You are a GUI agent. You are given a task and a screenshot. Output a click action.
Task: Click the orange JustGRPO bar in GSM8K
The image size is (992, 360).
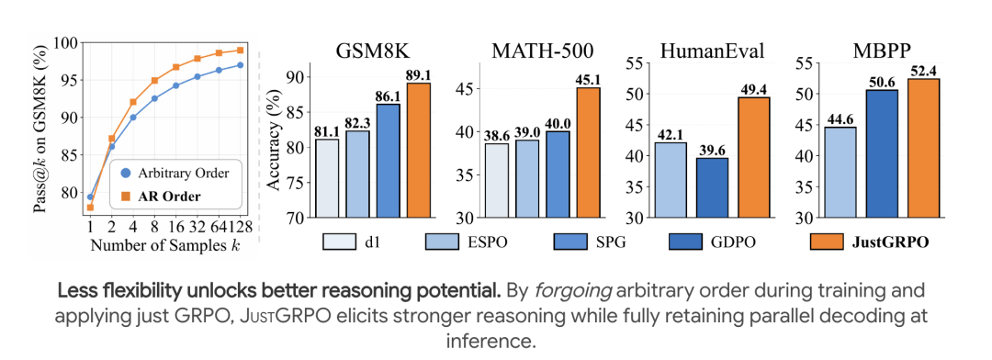tap(419, 150)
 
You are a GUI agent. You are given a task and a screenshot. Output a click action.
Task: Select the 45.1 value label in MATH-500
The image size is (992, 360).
tap(589, 79)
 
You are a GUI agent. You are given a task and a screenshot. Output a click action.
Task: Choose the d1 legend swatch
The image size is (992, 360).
tap(343, 242)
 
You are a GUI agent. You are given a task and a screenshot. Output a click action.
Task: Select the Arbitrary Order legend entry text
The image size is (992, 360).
tap(185, 172)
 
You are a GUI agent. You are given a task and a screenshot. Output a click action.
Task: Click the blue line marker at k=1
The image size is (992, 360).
tap(90, 197)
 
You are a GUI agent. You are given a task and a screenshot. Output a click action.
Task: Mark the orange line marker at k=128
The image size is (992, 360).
tap(241, 50)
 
